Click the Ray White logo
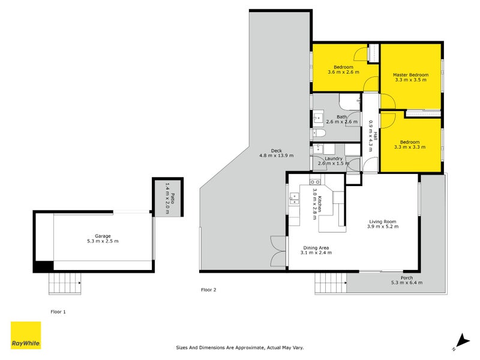click(x=26, y=335)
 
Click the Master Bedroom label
click(x=410, y=74)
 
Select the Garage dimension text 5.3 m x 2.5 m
click(x=103, y=241)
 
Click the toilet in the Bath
click(x=319, y=133)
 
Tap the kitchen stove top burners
click(x=314, y=182)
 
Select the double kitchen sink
click(x=294, y=199)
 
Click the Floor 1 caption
click(x=58, y=311)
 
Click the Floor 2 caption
click(x=208, y=290)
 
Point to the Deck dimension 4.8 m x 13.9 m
click(x=277, y=155)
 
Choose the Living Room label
click(x=383, y=221)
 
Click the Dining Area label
click(x=316, y=248)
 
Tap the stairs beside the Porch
click(x=331, y=283)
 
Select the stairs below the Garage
click(x=65, y=283)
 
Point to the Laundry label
click(x=334, y=158)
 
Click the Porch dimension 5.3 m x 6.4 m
click(x=407, y=283)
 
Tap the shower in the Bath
click(x=350, y=102)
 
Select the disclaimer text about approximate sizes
click(x=239, y=347)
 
